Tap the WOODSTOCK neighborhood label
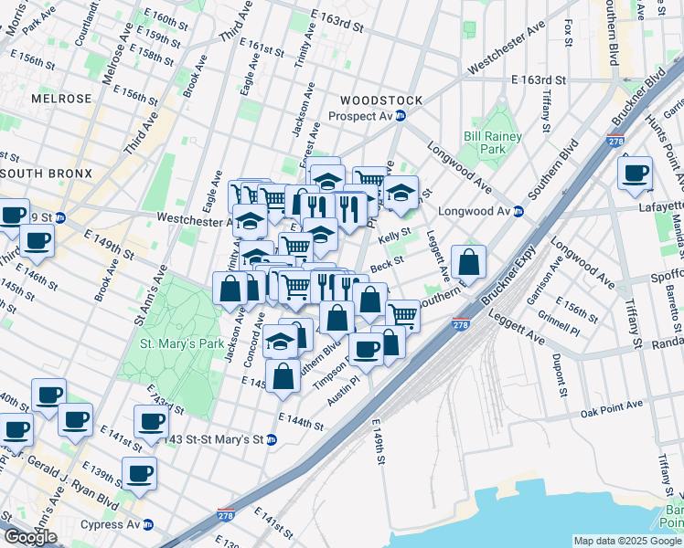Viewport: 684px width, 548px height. point(380,100)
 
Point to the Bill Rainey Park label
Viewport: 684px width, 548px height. point(492,142)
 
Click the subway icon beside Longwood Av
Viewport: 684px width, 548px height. point(518,211)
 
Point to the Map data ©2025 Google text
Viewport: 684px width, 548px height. point(627,541)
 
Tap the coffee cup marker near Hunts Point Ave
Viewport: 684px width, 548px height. point(635,173)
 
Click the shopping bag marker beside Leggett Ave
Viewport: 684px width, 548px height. point(468,263)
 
